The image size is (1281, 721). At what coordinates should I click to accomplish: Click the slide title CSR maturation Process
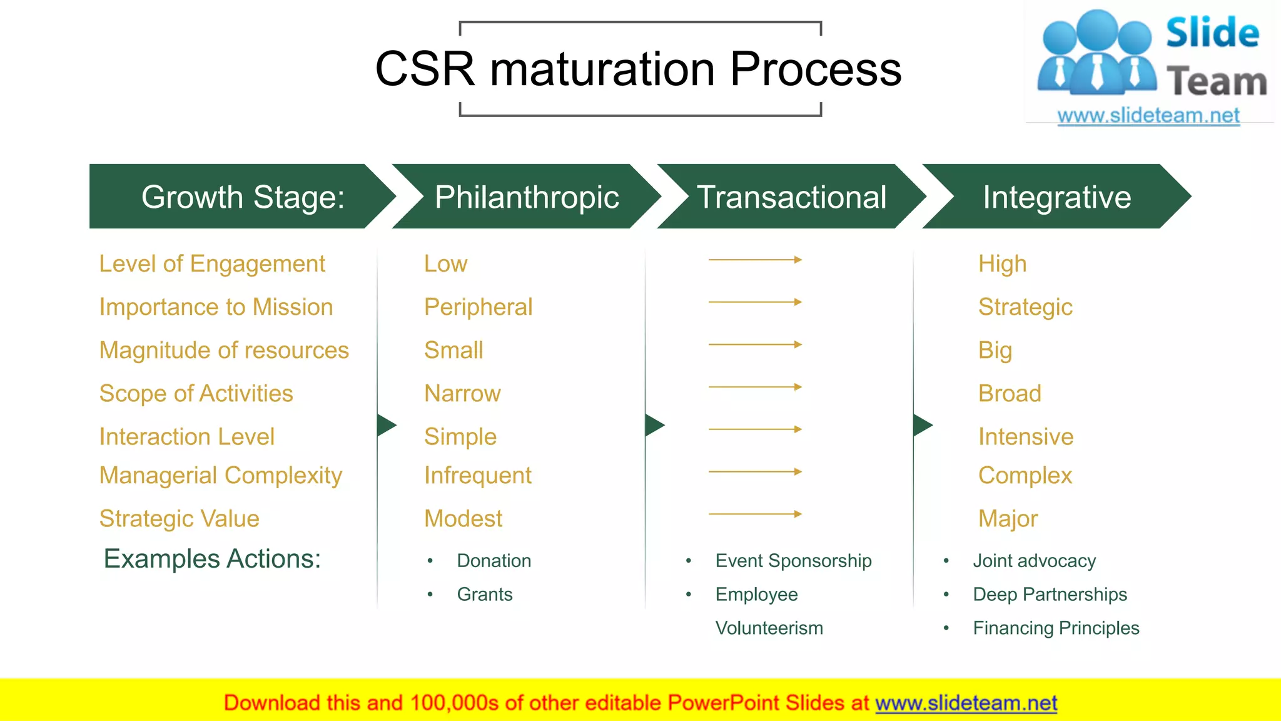point(638,69)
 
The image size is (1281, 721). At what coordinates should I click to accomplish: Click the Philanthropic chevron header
point(526,197)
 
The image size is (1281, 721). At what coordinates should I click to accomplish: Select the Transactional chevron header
point(791,197)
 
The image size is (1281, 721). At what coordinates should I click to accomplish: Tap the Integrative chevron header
point(1056,197)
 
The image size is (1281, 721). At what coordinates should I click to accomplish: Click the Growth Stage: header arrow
point(243,197)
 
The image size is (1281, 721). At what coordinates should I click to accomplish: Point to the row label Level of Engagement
point(212,264)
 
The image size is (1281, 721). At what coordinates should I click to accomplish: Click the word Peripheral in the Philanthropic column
point(478,307)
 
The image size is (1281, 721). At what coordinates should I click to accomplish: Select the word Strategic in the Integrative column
point(1025,307)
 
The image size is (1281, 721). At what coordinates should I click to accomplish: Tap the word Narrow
point(462,394)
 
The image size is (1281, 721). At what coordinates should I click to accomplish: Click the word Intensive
point(1026,437)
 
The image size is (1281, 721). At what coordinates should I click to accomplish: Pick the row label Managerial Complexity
point(221,476)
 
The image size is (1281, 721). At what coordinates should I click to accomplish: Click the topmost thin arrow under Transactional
point(755,260)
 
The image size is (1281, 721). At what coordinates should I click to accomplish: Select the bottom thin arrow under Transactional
point(755,514)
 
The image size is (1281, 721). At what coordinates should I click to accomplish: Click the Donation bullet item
point(494,561)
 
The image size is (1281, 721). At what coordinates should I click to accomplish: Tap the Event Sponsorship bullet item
point(793,561)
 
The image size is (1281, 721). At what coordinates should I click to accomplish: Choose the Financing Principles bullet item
point(1056,628)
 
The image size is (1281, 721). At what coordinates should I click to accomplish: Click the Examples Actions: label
point(212,559)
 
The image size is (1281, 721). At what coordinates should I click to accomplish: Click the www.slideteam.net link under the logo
point(1148,116)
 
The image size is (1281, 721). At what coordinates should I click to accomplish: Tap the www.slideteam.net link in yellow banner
point(966,703)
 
